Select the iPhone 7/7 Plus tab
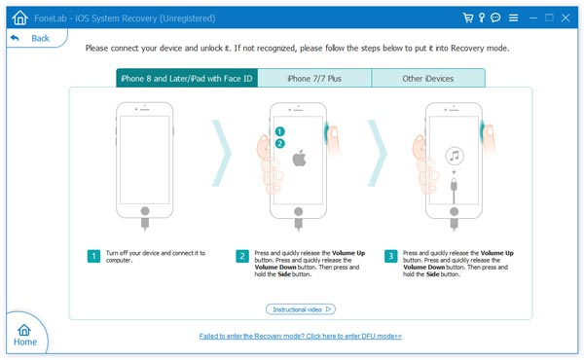(314, 78)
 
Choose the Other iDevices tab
(428, 78)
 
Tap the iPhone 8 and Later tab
(187, 78)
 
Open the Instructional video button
(301, 309)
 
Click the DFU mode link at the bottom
(300, 337)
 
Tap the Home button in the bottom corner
(25, 335)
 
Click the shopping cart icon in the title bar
(468, 18)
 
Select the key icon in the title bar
(482, 18)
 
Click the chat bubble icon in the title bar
(495, 18)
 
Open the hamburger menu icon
(513, 18)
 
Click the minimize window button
(533, 18)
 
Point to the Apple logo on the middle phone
(299, 159)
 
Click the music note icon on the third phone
(455, 156)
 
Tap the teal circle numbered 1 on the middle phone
(279, 131)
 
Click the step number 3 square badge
(390, 256)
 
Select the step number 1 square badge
(93, 256)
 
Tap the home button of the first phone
(145, 211)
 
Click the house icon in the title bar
(19, 18)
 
